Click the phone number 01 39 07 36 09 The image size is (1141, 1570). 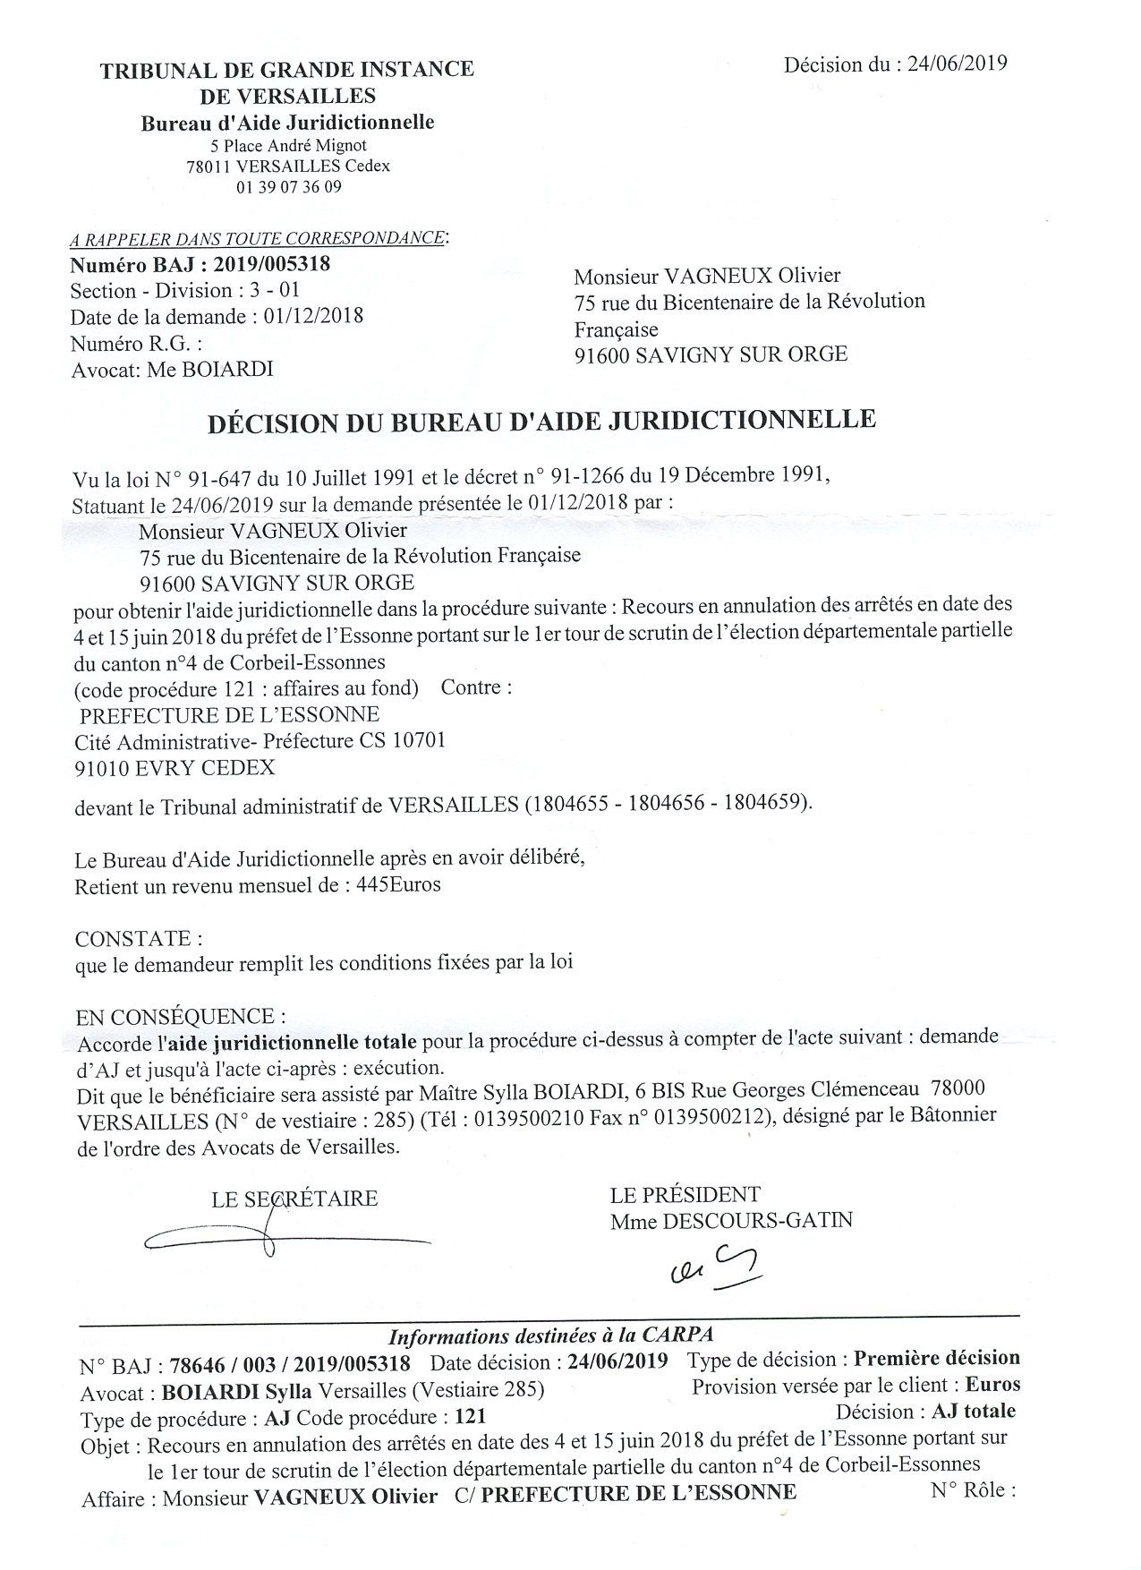coord(288,187)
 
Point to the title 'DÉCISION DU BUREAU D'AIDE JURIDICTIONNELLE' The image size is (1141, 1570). coord(541,421)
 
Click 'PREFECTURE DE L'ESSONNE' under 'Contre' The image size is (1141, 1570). coord(229,714)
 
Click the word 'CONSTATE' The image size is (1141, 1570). coord(134,939)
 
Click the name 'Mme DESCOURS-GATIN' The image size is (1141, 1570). coord(731,1220)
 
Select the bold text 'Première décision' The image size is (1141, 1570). coord(936,1358)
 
